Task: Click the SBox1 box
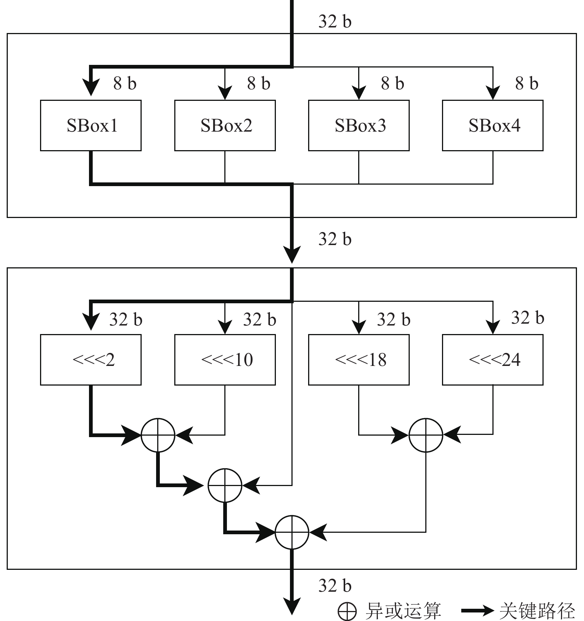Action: (91, 125)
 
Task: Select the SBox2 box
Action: (225, 125)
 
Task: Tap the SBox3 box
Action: (359, 125)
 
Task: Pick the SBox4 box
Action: (493, 125)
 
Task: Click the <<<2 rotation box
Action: (91, 360)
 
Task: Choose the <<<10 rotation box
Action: (225, 360)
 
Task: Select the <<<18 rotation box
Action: (359, 360)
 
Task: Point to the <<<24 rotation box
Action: (493, 360)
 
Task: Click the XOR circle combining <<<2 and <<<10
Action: (158, 435)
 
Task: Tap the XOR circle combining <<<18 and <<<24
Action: (426, 435)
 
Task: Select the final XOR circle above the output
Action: (292, 532)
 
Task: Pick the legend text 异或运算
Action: (403, 610)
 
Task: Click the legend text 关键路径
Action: (537, 610)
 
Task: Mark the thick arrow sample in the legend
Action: (477, 610)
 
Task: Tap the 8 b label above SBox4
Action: (527, 83)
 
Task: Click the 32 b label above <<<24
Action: (527, 318)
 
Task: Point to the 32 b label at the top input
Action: (335, 22)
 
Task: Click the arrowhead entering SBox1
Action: (91, 88)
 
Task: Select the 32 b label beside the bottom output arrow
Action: (335, 586)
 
